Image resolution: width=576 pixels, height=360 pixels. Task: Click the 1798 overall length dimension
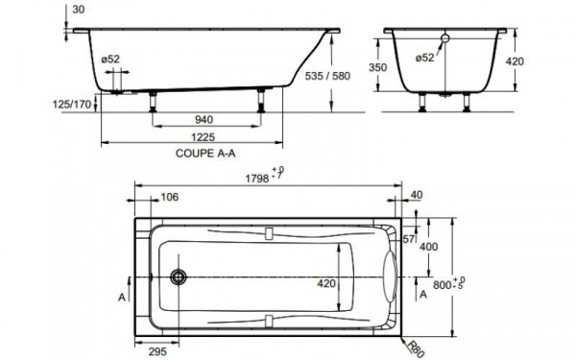(257, 179)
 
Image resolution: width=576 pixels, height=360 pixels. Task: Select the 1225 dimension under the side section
(203, 137)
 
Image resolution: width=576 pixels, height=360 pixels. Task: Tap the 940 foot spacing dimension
(204, 120)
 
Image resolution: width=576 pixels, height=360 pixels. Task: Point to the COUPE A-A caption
(205, 154)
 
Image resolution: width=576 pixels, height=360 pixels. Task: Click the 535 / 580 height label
(327, 76)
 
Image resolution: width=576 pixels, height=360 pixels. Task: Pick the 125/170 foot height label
(72, 105)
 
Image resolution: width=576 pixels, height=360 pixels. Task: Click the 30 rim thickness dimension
(79, 10)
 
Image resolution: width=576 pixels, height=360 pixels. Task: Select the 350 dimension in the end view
(377, 67)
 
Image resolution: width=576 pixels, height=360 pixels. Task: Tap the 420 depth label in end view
(515, 61)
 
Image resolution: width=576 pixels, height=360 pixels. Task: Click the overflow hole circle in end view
(445, 38)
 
